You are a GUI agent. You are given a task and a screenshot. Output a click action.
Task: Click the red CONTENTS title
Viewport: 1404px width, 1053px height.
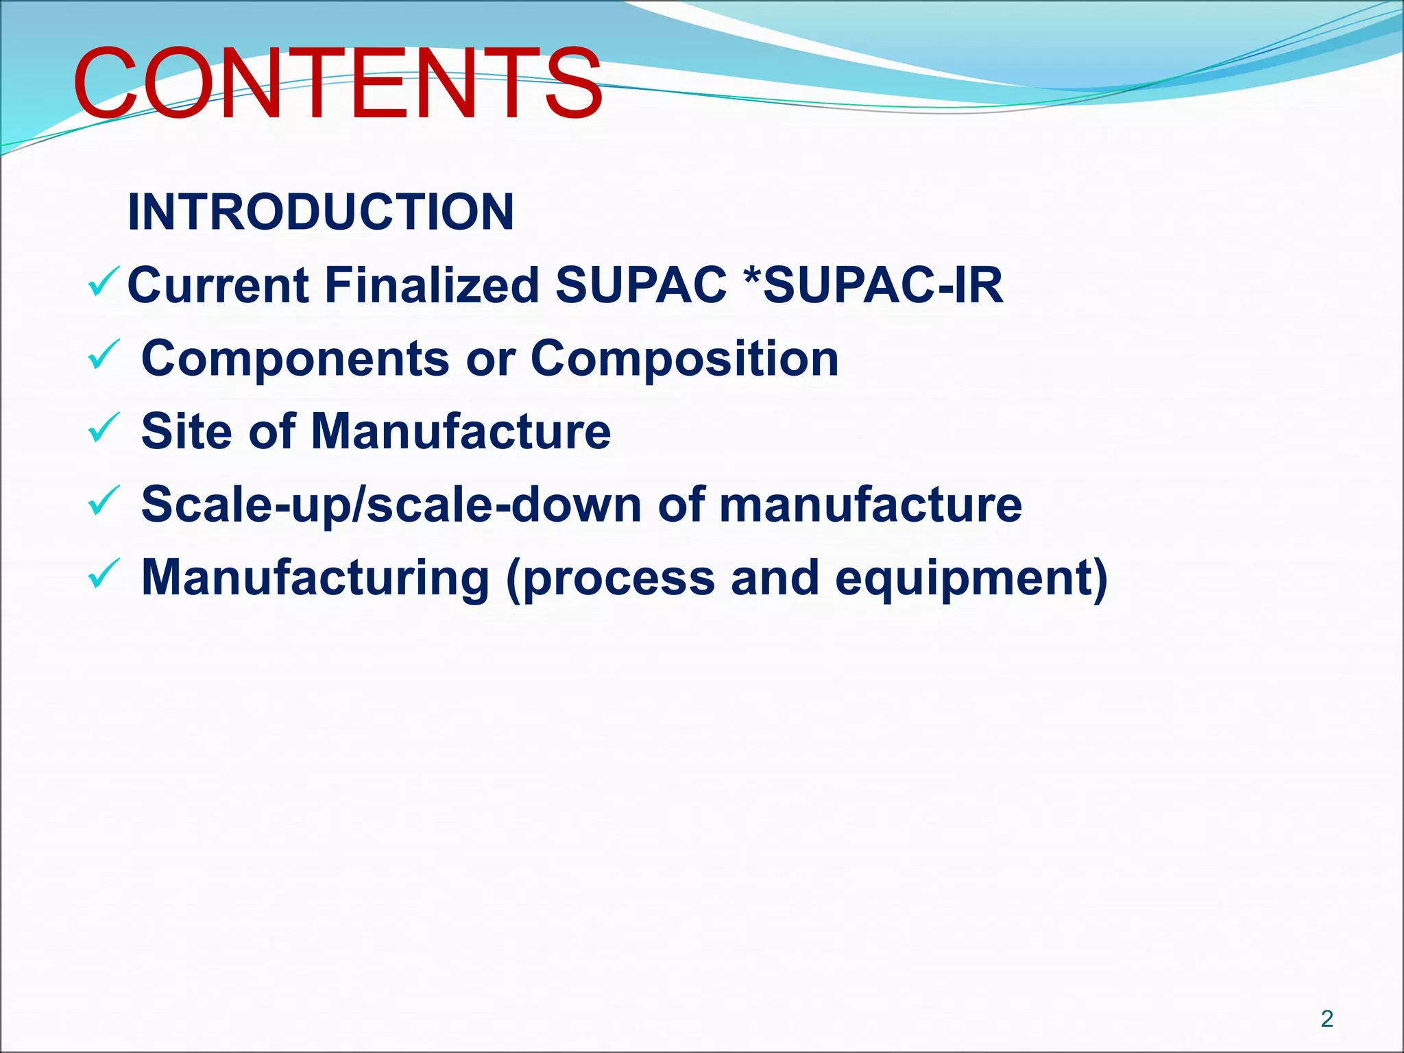(337, 83)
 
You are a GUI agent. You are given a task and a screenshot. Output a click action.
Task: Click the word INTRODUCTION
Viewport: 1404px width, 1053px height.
(321, 212)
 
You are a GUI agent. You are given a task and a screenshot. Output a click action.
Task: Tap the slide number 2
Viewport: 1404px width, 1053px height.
(1327, 1018)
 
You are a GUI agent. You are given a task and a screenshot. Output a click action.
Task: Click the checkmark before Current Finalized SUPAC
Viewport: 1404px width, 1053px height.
(104, 282)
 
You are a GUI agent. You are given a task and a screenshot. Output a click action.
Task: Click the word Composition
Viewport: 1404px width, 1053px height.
(684, 359)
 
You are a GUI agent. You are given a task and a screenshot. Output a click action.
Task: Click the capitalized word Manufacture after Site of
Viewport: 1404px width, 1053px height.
(461, 432)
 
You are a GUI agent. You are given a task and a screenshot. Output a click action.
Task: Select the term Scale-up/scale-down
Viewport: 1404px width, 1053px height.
(391, 505)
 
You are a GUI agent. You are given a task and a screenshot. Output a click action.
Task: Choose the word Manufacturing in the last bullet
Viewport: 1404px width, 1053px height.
(315, 578)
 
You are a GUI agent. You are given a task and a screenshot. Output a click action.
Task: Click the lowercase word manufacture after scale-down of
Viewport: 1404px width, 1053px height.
(870, 505)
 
